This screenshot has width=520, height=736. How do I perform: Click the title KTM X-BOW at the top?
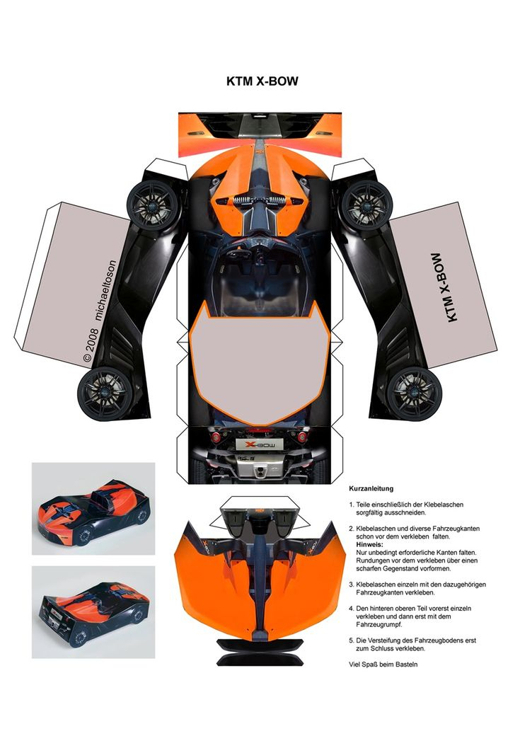click(262, 81)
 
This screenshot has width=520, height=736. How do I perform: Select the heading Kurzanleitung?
click(371, 489)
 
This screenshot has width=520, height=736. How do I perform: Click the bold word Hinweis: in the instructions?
click(370, 544)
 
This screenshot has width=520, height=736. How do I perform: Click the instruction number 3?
click(352, 585)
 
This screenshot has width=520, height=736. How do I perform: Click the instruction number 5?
click(352, 640)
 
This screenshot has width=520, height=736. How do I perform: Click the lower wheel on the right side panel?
click(415, 390)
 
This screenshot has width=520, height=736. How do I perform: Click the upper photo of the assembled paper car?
click(93, 508)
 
